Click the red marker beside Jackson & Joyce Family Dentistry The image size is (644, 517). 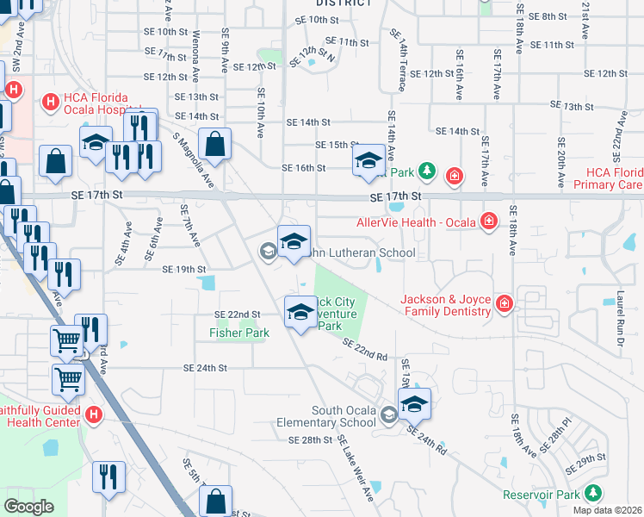tap(504, 303)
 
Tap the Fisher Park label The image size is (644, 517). tap(238, 333)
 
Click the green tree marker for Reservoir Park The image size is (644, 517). tap(592, 493)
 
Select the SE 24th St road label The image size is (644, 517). tap(204, 368)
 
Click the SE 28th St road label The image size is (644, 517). tap(310, 440)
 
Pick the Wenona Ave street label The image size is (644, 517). tap(196, 47)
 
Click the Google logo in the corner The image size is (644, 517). tap(28, 507)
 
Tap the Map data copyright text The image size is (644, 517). tap(608, 510)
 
